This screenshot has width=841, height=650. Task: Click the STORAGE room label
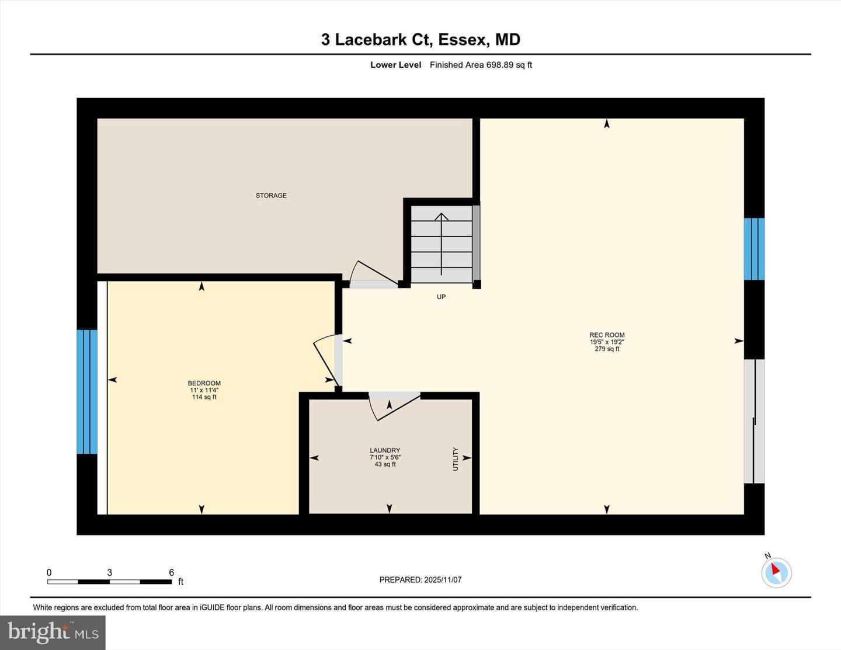pyautogui.click(x=271, y=196)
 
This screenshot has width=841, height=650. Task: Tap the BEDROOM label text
pyautogui.click(x=204, y=383)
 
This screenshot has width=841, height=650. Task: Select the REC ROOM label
pyautogui.click(x=607, y=335)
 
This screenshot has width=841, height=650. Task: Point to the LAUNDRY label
pyautogui.click(x=385, y=450)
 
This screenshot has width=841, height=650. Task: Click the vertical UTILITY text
pyautogui.click(x=456, y=459)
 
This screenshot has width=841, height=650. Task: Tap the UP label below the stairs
pyautogui.click(x=441, y=297)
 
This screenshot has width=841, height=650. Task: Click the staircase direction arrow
pyautogui.click(x=441, y=244)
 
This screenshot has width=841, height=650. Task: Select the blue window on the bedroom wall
pyautogui.click(x=87, y=391)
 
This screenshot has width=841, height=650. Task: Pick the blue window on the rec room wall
pyautogui.click(x=755, y=249)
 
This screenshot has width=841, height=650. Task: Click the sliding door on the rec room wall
pyautogui.click(x=755, y=421)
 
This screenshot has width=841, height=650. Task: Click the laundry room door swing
pyautogui.click(x=394, y=406)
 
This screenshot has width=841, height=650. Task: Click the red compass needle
pyautogui.click(x=775, y=569)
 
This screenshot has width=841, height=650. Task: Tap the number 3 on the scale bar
pyautogui.click(x=110, y=572)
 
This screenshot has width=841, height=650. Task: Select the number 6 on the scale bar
pyautogui.click(x=172, y=572)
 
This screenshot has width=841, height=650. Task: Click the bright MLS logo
pyautogui.click(x=53, y=632)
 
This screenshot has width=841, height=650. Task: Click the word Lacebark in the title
pyautogui.click(x=371, y=40)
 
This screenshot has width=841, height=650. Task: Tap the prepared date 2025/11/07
pyautogui.click(x=443, y=579)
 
